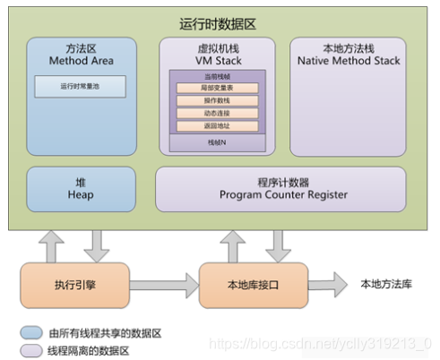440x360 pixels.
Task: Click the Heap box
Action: tap(79, 185)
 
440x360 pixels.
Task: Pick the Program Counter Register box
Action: tap(283, 185)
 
